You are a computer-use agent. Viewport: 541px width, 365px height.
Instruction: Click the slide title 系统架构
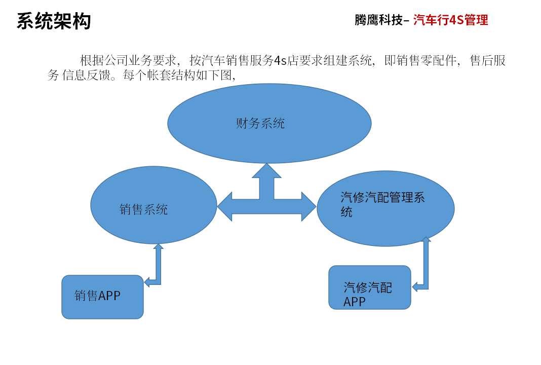pyautogui.click(x=54, y=21)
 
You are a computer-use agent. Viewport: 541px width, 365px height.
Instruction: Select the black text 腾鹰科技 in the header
pyautogui.click(x=378, y=20)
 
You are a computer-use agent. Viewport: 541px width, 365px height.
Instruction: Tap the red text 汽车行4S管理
pyautogui.click(x=451, y=20)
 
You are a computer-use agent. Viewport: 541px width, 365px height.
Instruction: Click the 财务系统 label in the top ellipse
pyautogui.click(x=260, y=123)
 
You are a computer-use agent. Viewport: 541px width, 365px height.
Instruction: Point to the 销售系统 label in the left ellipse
pyautogui.click(x=143, y=209)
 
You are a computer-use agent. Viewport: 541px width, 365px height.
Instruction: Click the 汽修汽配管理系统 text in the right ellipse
pyautogui.click(x=382, y=204)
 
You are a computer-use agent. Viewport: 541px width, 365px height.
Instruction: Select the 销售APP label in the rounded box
pyautogui.click(x=97, y=296)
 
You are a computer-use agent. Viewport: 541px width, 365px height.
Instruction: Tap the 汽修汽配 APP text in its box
pyautogui.click(x=367, y=294)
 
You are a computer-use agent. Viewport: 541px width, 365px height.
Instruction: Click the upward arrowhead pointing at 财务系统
pyautogui.click(x=266, y=170)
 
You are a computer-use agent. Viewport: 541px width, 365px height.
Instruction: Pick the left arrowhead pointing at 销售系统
pyautogui.click(x=224, y=207)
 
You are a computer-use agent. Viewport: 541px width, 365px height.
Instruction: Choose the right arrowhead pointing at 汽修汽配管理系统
pyautogui.click(x=309, y=206)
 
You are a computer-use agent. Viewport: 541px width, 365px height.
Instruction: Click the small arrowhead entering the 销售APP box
pyautogui.click(x=147, y=282)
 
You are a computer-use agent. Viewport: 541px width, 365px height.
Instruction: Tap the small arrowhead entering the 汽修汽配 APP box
pyautogui.click(x=415, y=286)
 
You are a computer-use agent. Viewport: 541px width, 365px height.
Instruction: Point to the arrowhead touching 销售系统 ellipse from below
pyautogui.click(x=159, y=246)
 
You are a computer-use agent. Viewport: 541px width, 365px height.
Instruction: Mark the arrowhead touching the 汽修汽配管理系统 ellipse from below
pyautogui.click(x=426, y=239)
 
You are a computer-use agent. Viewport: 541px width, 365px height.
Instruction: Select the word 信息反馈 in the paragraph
pyautogui.click(x=86, y=75)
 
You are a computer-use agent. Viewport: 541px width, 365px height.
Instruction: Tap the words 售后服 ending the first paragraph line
pyautogui.click(x=488, y=60)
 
